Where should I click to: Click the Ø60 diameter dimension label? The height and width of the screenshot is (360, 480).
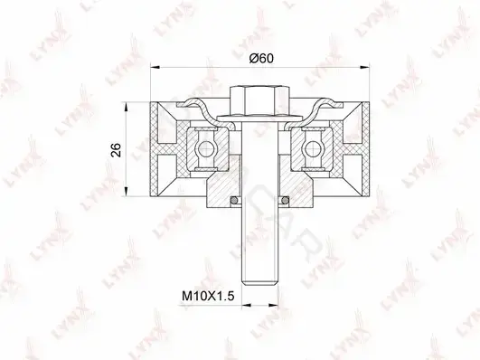[261, 58]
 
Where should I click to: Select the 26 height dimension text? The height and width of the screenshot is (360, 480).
[116, 150]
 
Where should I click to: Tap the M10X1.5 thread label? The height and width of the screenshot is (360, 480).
[208, 296]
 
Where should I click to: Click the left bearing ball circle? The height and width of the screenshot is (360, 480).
[204, 148]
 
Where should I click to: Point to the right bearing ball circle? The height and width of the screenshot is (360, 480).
[312, 148]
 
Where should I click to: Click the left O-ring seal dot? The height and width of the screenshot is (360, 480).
[234, 201]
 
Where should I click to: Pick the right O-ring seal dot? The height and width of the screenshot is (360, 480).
[286, 201]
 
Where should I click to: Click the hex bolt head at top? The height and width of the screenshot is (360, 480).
[260, 101]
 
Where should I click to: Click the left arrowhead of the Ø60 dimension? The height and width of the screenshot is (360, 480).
[155, 66]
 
